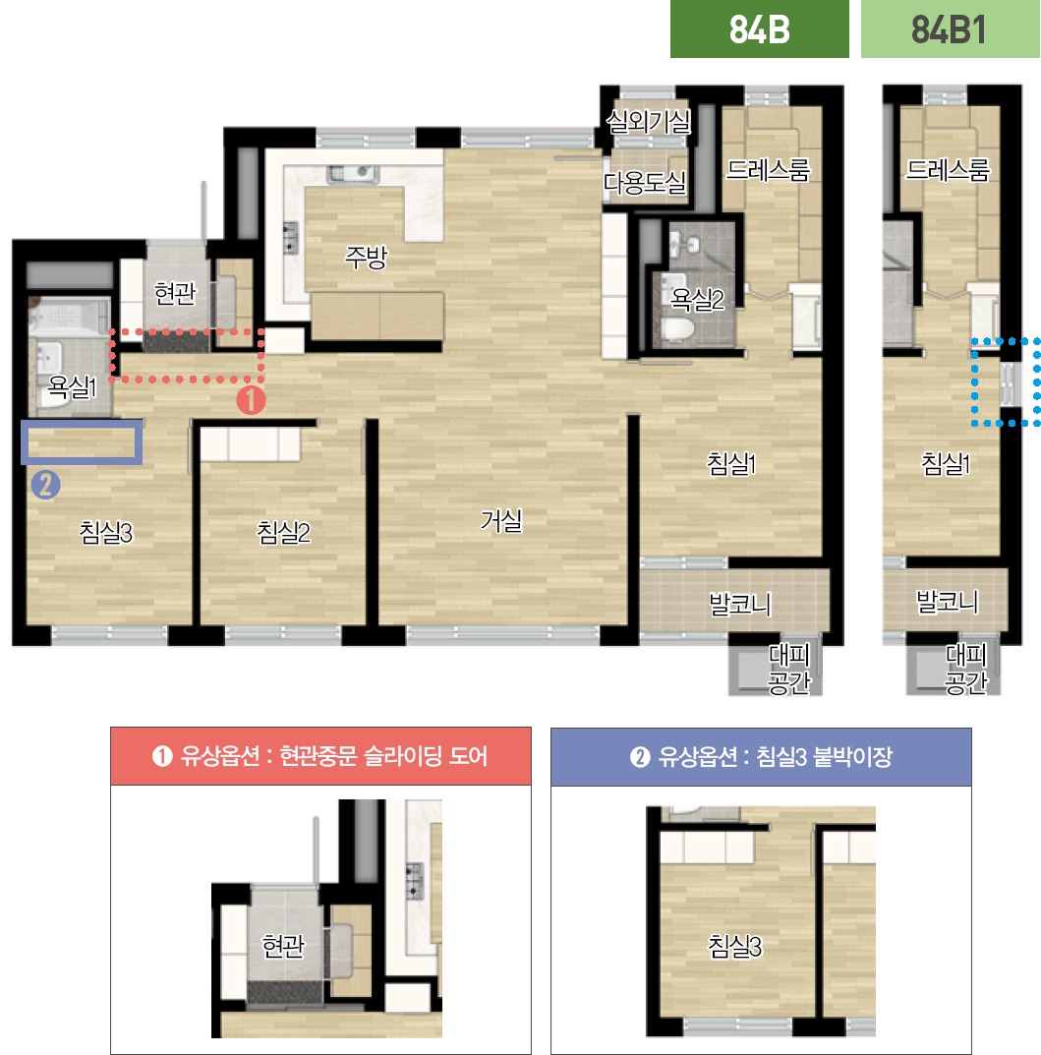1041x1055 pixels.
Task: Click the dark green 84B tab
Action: point(759,29)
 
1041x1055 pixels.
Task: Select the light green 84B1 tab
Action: point(950,29)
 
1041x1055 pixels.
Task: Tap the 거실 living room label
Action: point(501,521)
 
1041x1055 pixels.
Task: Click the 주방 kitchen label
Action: point(366,257)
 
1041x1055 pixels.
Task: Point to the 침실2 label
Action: point(283,532)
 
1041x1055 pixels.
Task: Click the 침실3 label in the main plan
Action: point(105,532)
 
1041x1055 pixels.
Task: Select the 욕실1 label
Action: point(72,386)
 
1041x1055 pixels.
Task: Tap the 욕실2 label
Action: point(697,300)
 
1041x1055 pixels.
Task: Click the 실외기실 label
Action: point(648,122)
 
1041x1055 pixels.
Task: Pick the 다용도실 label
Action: point(644,182)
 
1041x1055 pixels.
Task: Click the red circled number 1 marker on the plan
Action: point(251,400)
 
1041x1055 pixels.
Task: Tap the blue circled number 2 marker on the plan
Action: point(46,485)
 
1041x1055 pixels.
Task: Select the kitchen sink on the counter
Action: point(352,175)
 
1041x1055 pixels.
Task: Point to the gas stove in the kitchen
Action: point(291,238)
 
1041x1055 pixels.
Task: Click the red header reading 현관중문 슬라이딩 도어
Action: point(320,756)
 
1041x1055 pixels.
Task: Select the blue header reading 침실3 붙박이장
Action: point(761,757)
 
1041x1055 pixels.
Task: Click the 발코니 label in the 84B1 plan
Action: point(947,601)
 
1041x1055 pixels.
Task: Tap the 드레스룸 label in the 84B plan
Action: point(768,169)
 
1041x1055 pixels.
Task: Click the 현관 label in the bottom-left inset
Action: point(283,947)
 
